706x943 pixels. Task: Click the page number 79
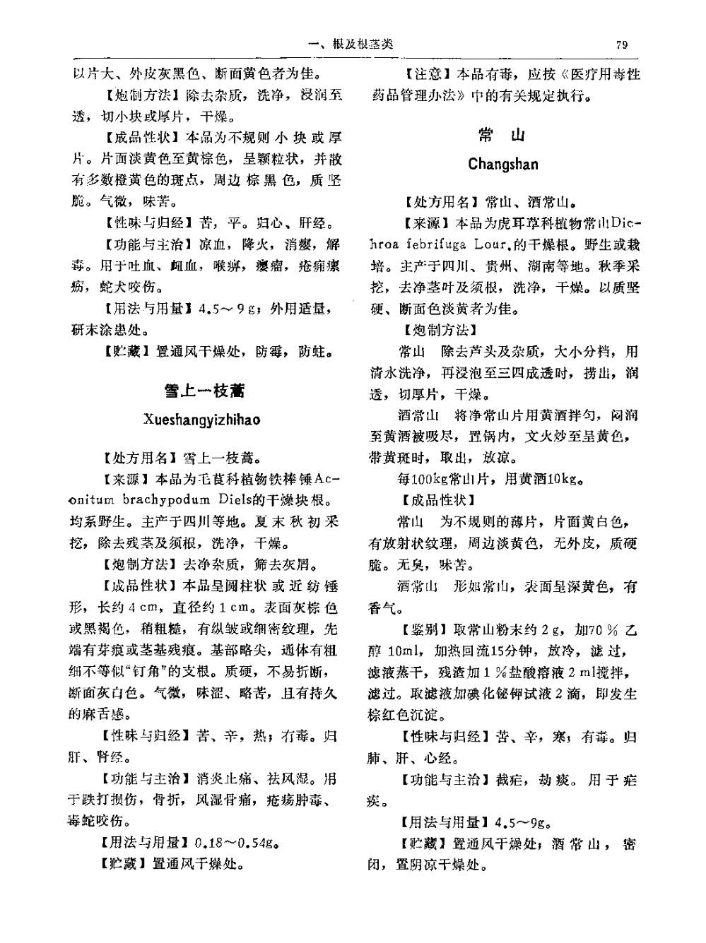pos(622,45)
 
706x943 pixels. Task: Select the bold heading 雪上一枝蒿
pos(204,390)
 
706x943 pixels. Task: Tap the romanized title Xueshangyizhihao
pos(202,420)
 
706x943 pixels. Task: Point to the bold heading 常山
pos(502,136)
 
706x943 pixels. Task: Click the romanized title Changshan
pos(502,165)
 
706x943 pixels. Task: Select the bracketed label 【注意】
pos(428,74)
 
